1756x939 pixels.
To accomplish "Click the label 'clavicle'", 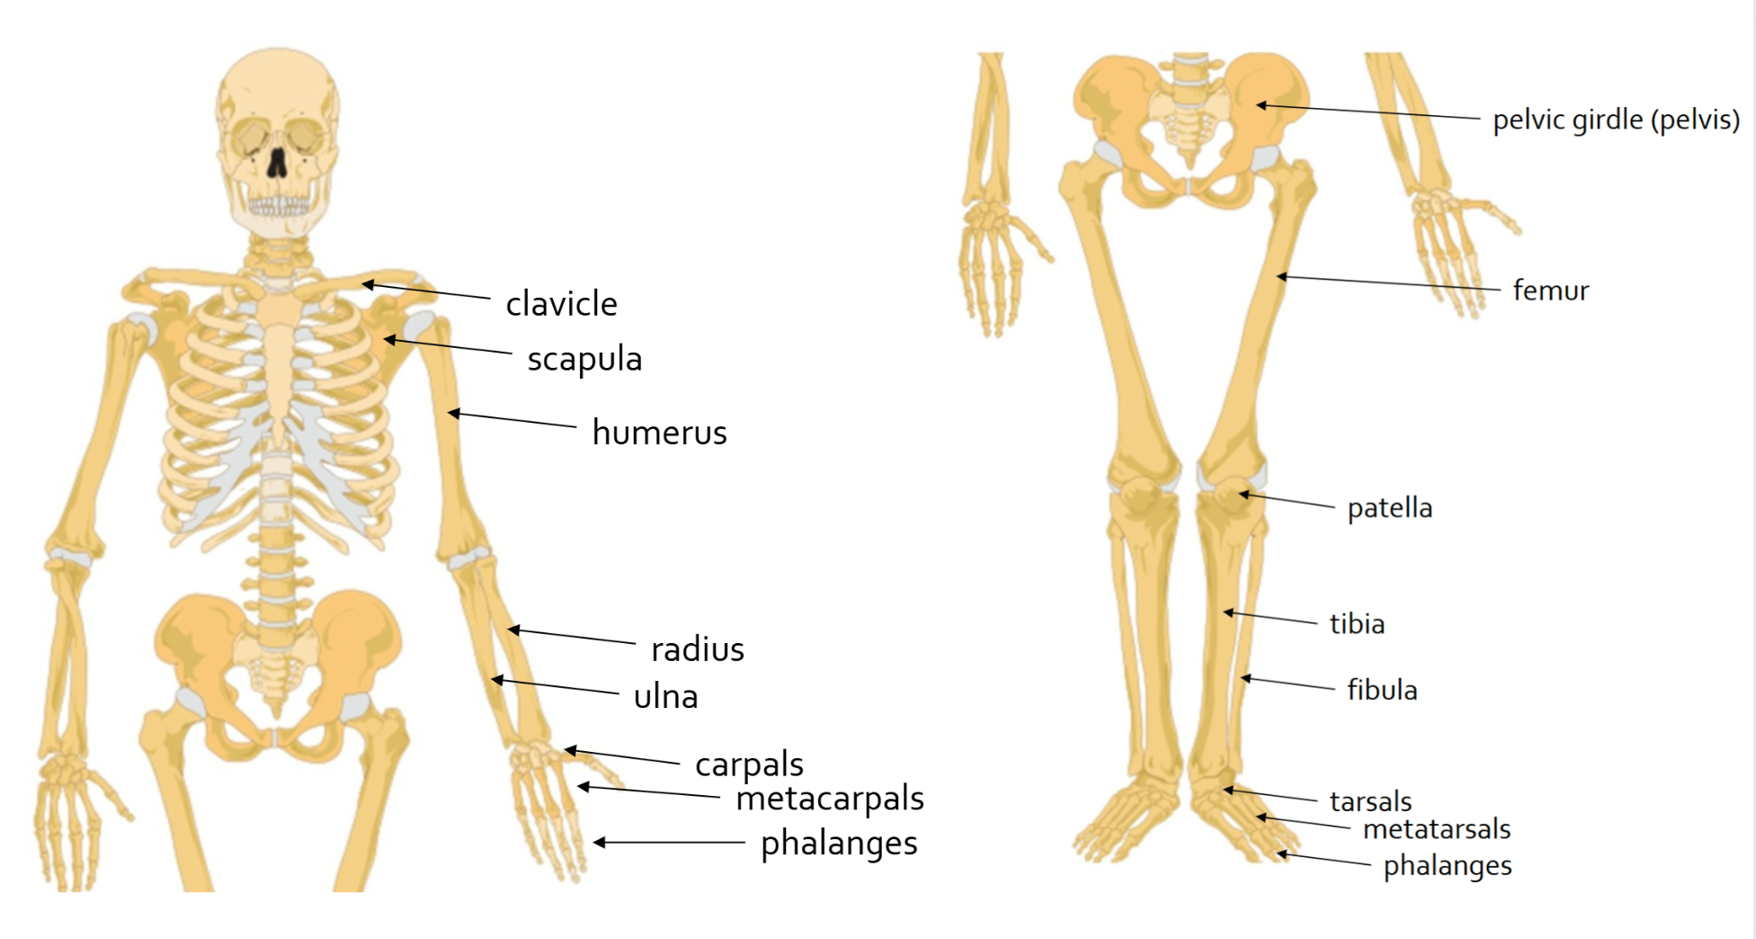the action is [x=561, y=304].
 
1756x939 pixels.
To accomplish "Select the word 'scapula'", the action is [x=584, y=359].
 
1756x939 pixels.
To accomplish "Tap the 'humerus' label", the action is [x=659, y=433].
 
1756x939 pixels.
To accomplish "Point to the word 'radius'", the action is [x=698, y=649].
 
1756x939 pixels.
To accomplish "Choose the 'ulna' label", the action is [x=665, y=696].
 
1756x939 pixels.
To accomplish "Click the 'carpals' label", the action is [x=749, y=765].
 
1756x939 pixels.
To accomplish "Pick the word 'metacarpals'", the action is [x=829, y=799].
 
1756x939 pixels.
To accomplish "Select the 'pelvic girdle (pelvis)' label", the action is [x=1616, y=120].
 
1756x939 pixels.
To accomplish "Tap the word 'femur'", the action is [x=1550, y=291].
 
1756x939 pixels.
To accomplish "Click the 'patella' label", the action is [x=1389, y=508].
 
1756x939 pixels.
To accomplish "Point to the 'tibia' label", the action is [x=1357, y=624].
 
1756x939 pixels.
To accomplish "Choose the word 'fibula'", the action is [x=1382, y=691].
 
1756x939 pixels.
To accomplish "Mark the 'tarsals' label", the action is [x=1370, y=800].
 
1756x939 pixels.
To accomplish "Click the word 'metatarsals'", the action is [x=1436, y=828].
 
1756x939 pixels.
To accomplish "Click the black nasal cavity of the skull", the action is [x=277, y=162].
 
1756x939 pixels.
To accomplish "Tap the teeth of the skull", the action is [x=278, y=206].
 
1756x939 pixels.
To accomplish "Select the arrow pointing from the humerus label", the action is [x=513, y=419].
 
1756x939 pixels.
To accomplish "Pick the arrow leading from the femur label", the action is [x=1389, y=283].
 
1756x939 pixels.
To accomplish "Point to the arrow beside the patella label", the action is [x=1288, y=500].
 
